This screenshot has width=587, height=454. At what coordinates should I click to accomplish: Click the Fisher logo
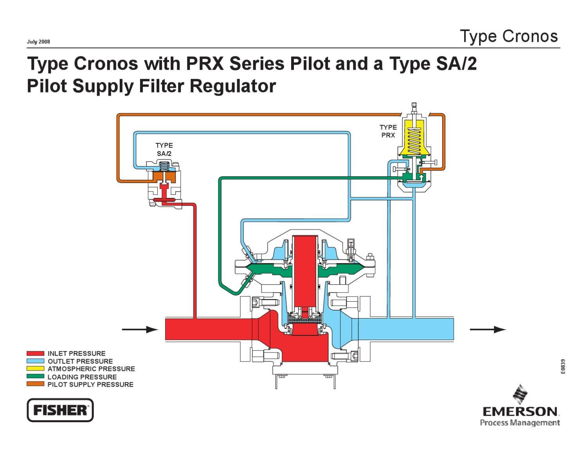(60, 410)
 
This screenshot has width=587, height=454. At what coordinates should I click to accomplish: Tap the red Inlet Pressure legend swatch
(35, 353)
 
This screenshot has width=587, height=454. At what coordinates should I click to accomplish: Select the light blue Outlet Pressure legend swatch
(35, 361)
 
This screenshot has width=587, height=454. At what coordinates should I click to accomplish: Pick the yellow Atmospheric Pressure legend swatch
(35, 369)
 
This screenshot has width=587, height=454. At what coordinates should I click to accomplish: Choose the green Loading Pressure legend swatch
(35, 376)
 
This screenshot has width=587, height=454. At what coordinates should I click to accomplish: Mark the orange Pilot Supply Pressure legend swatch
(35, 384)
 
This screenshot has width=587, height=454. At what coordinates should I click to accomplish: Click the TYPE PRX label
(388, 131)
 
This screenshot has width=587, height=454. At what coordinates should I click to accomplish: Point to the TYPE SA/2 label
(164, 149)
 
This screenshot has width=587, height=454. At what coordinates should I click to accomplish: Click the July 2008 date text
(38, 42)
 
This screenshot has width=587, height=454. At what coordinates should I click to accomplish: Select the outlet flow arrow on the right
(488, 329)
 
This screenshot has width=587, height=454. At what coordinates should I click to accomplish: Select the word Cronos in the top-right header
(530, 36)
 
